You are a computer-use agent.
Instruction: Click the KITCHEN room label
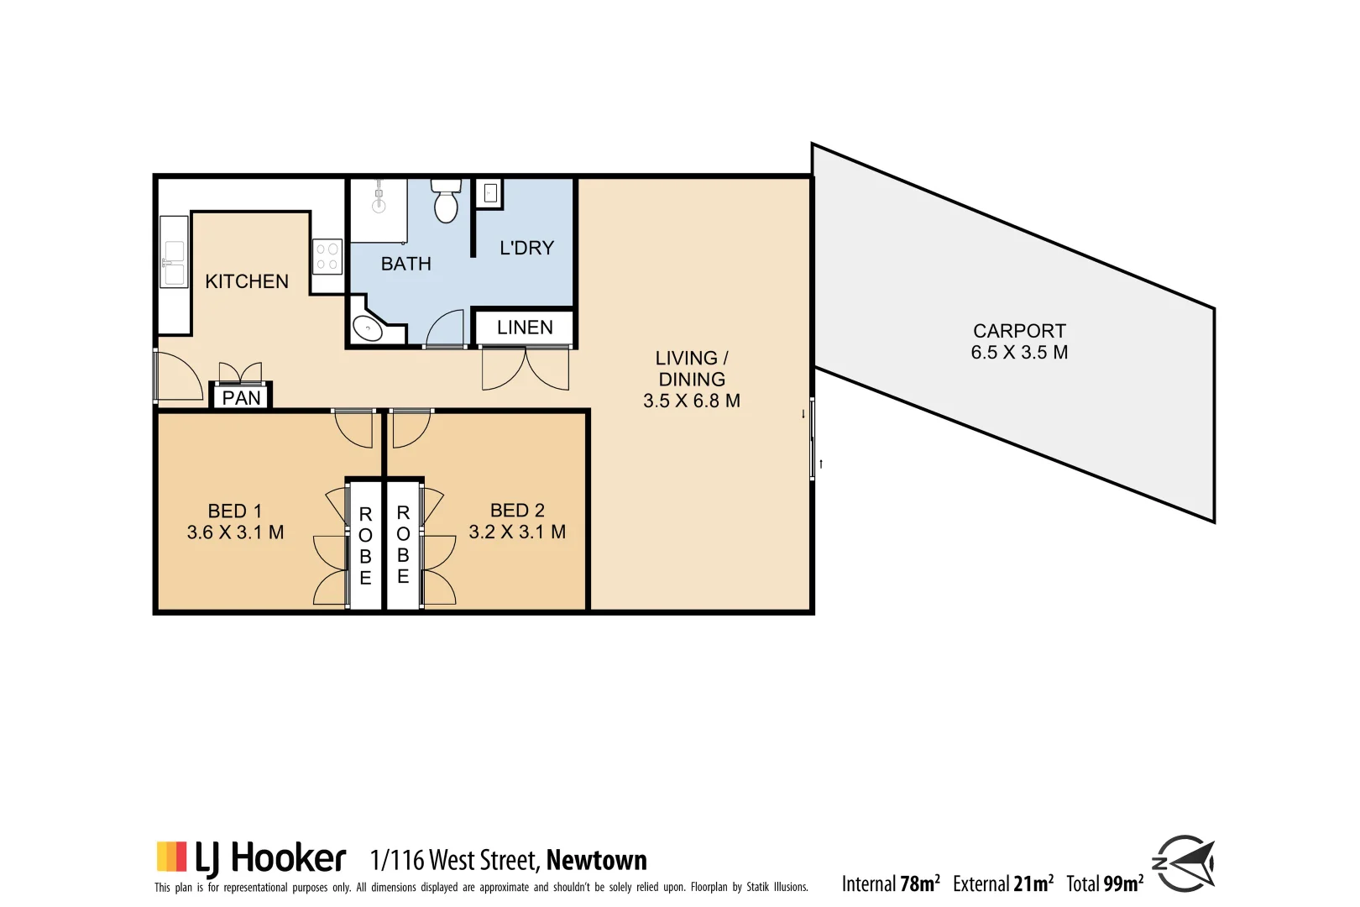pos(247,281)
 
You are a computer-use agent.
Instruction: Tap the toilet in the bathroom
pos(446,202)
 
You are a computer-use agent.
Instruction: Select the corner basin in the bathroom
pos(367,328)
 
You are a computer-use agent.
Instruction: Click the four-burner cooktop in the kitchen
pos(327,257)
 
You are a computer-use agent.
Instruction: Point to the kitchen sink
pos(174,263)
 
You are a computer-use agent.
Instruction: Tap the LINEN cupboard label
pos(525,328)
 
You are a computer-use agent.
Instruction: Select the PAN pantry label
pos(241,398)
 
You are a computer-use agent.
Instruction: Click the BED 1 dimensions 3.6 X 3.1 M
pos(235,532)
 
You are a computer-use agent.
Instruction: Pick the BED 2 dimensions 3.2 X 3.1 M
pos(517,532)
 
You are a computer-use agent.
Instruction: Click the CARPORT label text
pos(1019,331)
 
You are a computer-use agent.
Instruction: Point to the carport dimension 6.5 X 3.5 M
pos(1019,353)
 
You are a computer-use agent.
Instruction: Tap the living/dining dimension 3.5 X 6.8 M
pos(692,401)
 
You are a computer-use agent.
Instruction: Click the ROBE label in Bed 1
pos(365,546)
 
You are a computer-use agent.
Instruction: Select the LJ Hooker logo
pos(251,858)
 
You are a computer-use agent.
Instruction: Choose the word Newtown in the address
pos(596,860)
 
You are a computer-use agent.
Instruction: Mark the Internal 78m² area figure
pos(891,883)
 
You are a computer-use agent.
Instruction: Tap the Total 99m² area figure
pos(1105,883)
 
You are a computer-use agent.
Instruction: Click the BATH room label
pos(406,264)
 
